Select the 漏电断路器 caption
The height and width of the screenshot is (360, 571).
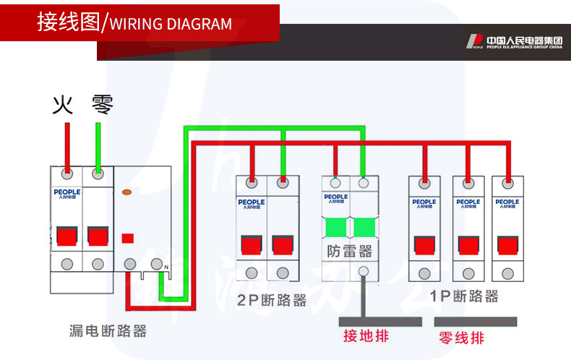click(x=108, y=331)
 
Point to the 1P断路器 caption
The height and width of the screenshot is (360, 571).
click(x=464, y=296)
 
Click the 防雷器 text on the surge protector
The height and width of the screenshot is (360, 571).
click(x=349, y=252)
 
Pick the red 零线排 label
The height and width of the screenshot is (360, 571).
click(x=461, y=338)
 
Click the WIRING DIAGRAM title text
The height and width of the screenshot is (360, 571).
click(x=171, y=24)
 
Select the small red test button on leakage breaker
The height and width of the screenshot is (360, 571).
click(x=128, y=237)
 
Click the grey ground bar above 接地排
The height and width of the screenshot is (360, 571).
click(x=380, y=321)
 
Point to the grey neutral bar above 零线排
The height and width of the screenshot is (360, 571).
click(x=477, y=321)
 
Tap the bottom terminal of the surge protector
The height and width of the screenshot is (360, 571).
click(x=364, y=272)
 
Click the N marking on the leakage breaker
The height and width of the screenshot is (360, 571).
click(x=166, y=267)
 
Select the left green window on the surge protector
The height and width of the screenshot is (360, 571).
click(x=336, y=228)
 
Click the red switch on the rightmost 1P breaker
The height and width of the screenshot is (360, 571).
click(x=507, y=244)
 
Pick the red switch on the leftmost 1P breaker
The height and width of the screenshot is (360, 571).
click(x=424, y=244)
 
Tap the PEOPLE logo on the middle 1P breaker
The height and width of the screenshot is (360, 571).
click(x=468, y=203)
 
